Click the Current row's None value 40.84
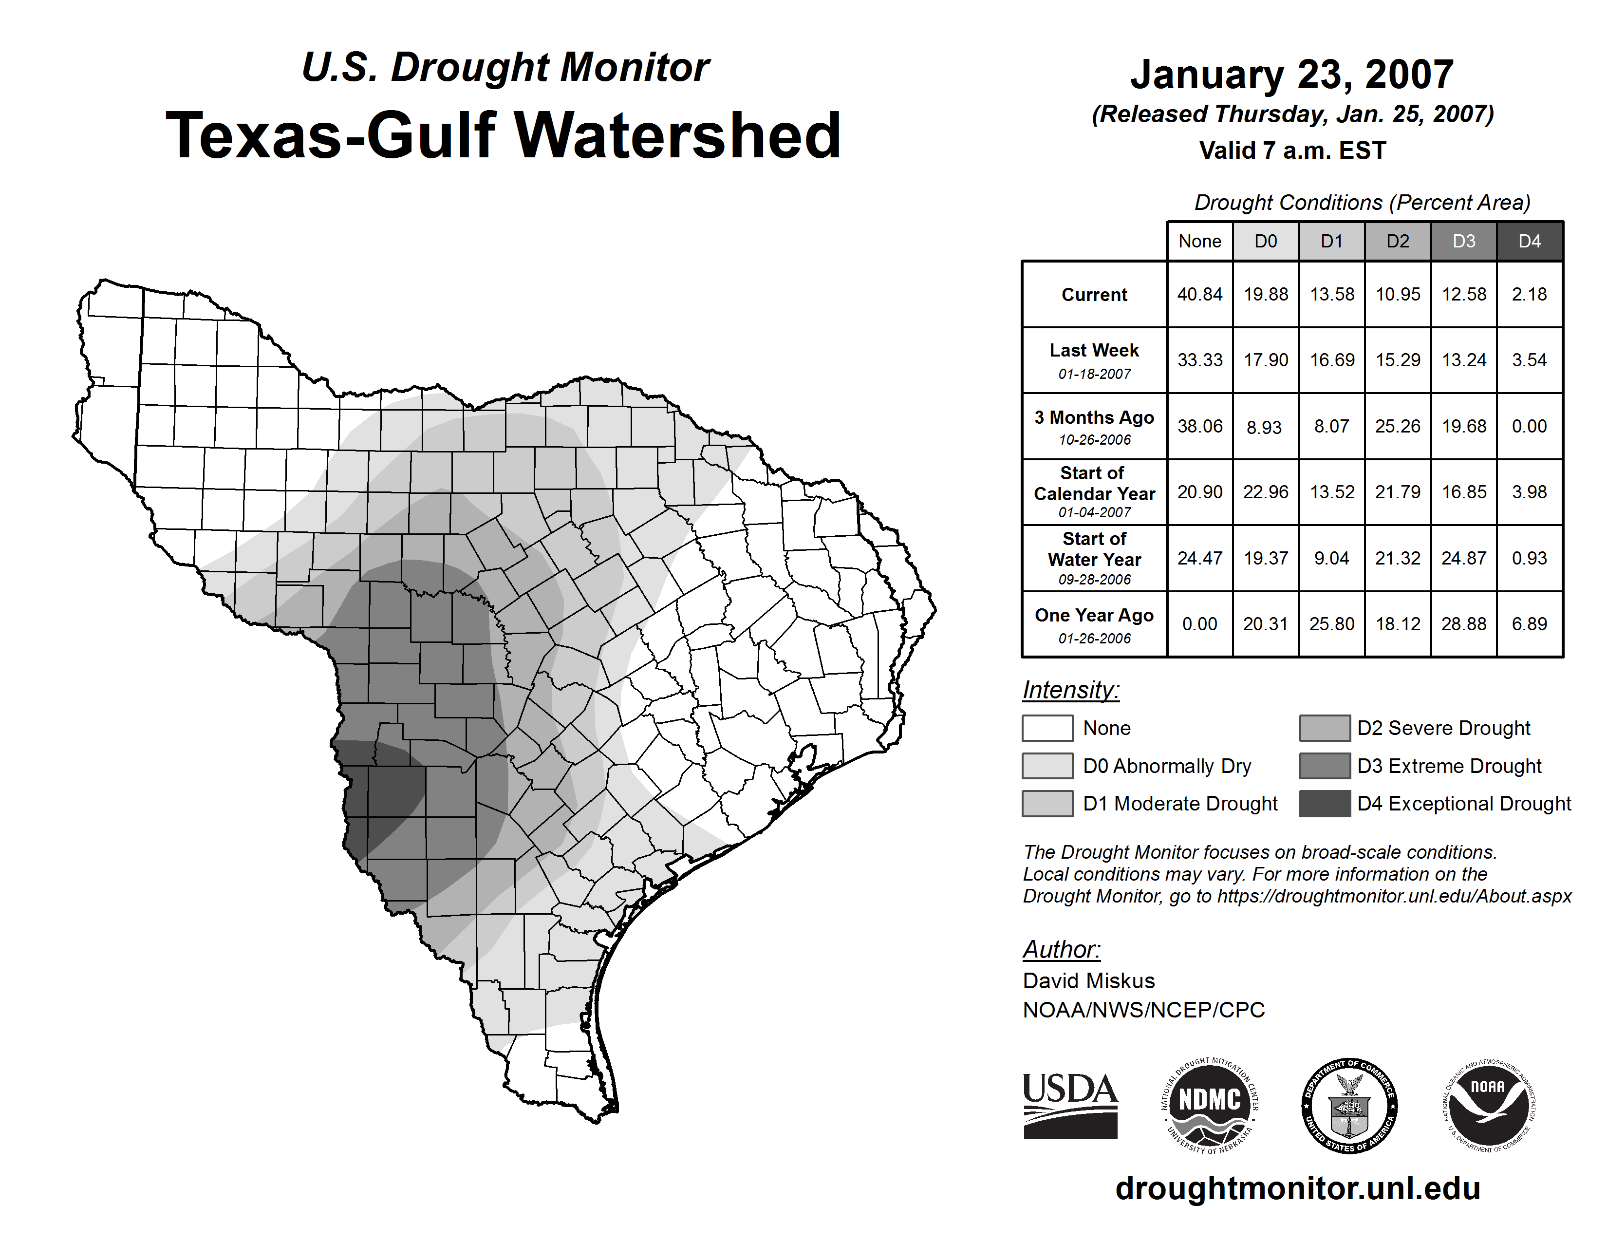1199,294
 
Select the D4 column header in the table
1529,241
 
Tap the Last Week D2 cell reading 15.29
1397,360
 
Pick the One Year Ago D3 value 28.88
1463,624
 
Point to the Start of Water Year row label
1094,559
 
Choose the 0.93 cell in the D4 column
1529,559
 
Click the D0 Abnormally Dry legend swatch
1047,765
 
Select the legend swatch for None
1047,728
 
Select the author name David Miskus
1088,981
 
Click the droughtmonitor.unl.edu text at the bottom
1298,1188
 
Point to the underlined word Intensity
1070,690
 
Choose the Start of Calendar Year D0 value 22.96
1266,491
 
